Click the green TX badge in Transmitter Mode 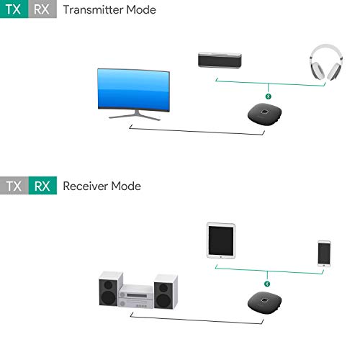pos(14,9)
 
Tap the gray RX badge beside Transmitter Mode pos(42,9)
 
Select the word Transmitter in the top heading pos(93,10)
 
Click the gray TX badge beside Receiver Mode pos(14,186)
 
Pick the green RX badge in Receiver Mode pos(42,186)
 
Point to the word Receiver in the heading pos(85,186)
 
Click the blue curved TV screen pos(134,90)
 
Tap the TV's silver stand pos(135,115)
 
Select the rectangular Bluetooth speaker pos(220,60)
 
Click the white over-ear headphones pos(326,62)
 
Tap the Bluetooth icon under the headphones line pos(269,96)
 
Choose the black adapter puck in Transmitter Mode pos(264,114)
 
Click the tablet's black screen pos(221,240)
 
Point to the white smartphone pos(324,253)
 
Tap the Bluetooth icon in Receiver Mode pos(267,284)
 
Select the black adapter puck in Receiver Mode pos(264,302)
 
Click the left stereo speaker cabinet pos(111,289)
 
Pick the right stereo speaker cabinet pos(166,292)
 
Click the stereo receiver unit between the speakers pos(136,297)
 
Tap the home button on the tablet pos(221,257)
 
